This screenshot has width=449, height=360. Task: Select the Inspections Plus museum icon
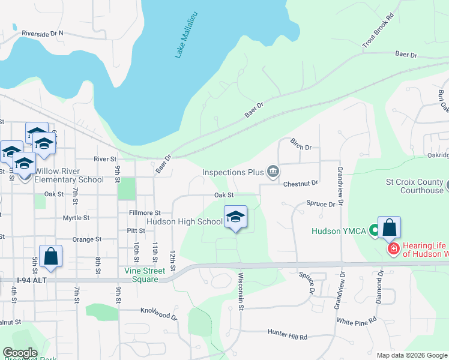click(x=273, y=172)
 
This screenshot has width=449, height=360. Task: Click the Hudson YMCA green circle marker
click(x=375, y=230)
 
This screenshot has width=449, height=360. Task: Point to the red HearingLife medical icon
click(x=393, y=248)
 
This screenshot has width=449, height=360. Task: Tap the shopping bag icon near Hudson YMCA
click(x=389, y=228)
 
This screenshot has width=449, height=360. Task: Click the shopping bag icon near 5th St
click(x=51, y=256)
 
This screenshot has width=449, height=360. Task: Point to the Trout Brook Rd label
click(x=378, y=29)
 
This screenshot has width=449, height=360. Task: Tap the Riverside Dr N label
click(x=43, y=34)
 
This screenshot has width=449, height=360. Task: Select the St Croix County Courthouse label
click(x=414, y=186)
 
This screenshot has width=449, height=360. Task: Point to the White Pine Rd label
click(x=357, y=321)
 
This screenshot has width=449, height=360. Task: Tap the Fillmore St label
click(x=145, y=212)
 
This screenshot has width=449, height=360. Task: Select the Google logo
click(x=19, y=353)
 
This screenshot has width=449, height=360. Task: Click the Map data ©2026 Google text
click(x=411, y=355)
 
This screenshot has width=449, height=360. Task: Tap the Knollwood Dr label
click(x=159, y=313)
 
